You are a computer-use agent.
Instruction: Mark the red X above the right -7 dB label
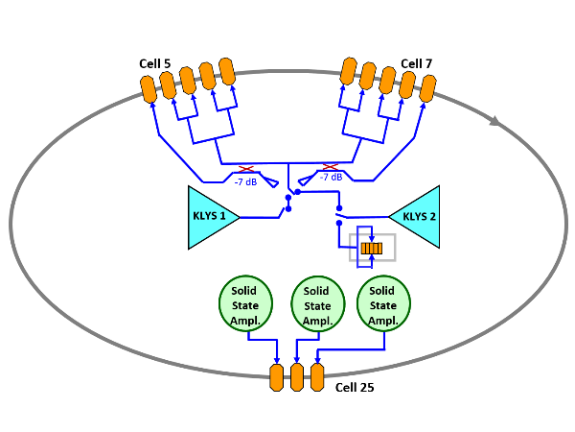click(x=330, y=166)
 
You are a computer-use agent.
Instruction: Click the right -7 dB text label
click(x=331, y=178)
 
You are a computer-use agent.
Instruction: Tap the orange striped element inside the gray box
click(x=372, y=249)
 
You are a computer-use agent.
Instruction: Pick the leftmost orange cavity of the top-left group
click(x=149, y=89)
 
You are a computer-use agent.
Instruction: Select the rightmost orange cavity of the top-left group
click(x=227, y=70)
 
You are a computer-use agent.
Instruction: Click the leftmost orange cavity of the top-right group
click(x=349, y=70)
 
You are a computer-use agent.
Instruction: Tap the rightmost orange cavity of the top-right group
click(x=426, y=89)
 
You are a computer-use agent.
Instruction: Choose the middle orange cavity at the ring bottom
click(x=297, y=376)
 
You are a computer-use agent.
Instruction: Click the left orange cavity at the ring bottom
click(x=277, y=376)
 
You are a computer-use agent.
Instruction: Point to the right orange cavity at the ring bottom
click(x=317, y=376)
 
